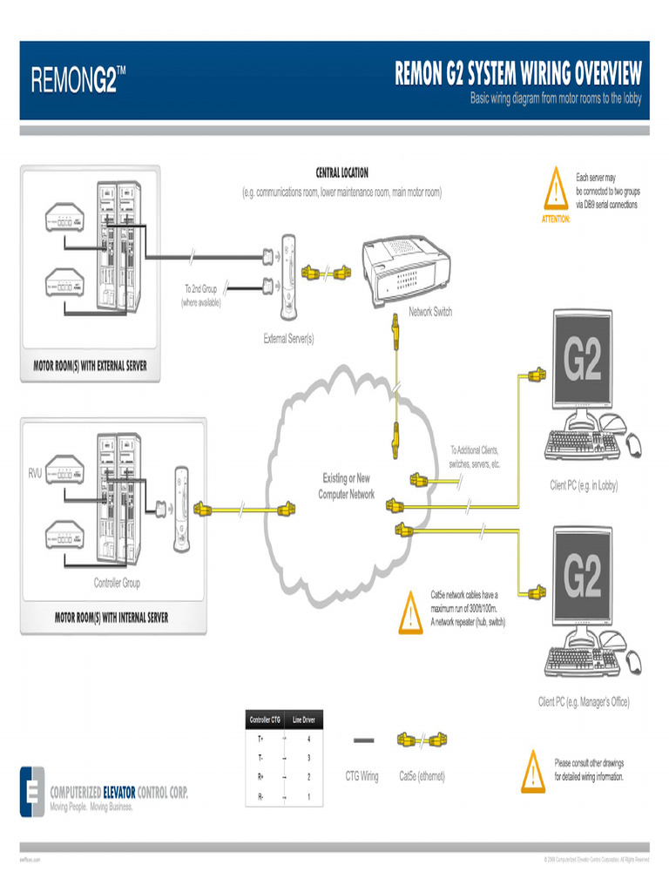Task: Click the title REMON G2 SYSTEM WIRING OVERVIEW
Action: pos(518,73)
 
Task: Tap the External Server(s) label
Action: pos(288,338)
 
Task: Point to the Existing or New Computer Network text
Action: pos(346,486)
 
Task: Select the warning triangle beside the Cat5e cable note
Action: pos(409,612)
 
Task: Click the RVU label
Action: pos(35,474)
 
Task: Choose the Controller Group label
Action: pos(117,583)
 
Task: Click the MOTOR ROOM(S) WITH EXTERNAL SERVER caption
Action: pos(90,366)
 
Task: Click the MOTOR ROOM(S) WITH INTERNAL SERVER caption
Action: pos(111,618)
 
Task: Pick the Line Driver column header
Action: pos(303,720)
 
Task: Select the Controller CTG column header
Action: pos(265,720)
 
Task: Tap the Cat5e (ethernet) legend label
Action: pos(422,776)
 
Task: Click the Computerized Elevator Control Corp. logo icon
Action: pos(32,791)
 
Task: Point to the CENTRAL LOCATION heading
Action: pos(341,173)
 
